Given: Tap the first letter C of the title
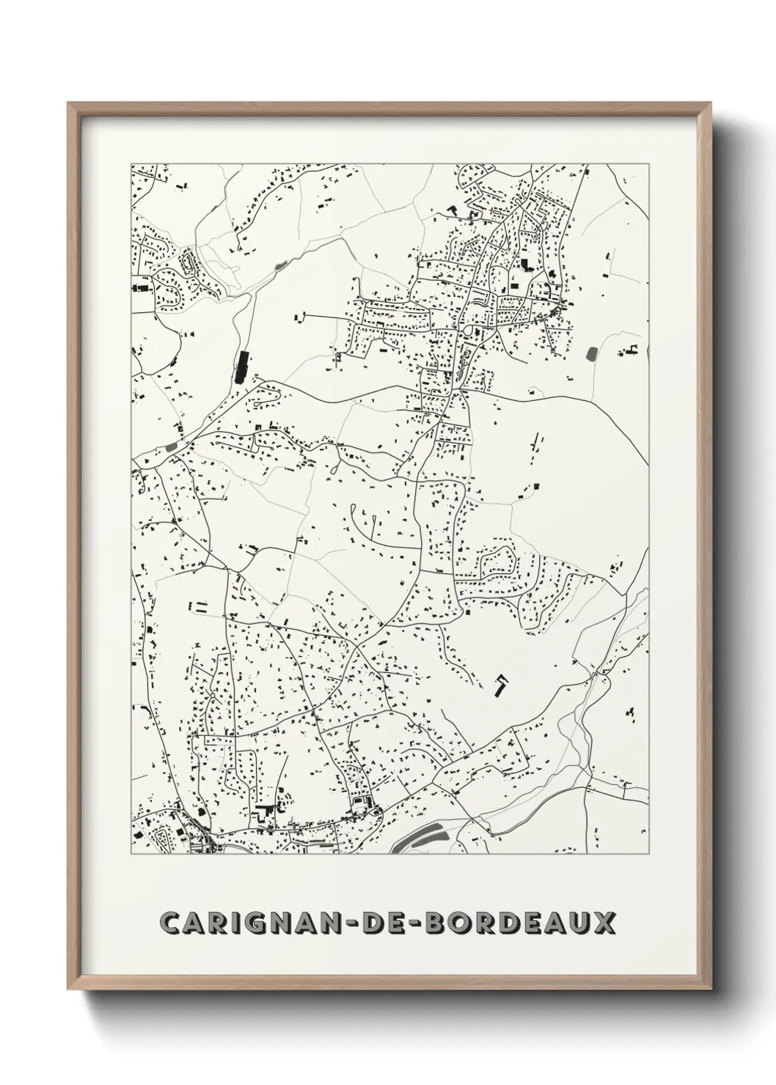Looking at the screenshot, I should [171, 922].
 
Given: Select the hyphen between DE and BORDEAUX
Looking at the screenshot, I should [422, 923].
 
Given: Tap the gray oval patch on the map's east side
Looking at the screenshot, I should [591, 353].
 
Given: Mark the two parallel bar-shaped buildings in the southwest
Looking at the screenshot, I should [199, 606].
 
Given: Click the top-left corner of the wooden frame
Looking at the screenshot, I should [69, 103].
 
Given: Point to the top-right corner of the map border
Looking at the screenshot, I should [648, 164].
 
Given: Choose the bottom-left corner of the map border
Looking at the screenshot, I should [131, 854].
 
